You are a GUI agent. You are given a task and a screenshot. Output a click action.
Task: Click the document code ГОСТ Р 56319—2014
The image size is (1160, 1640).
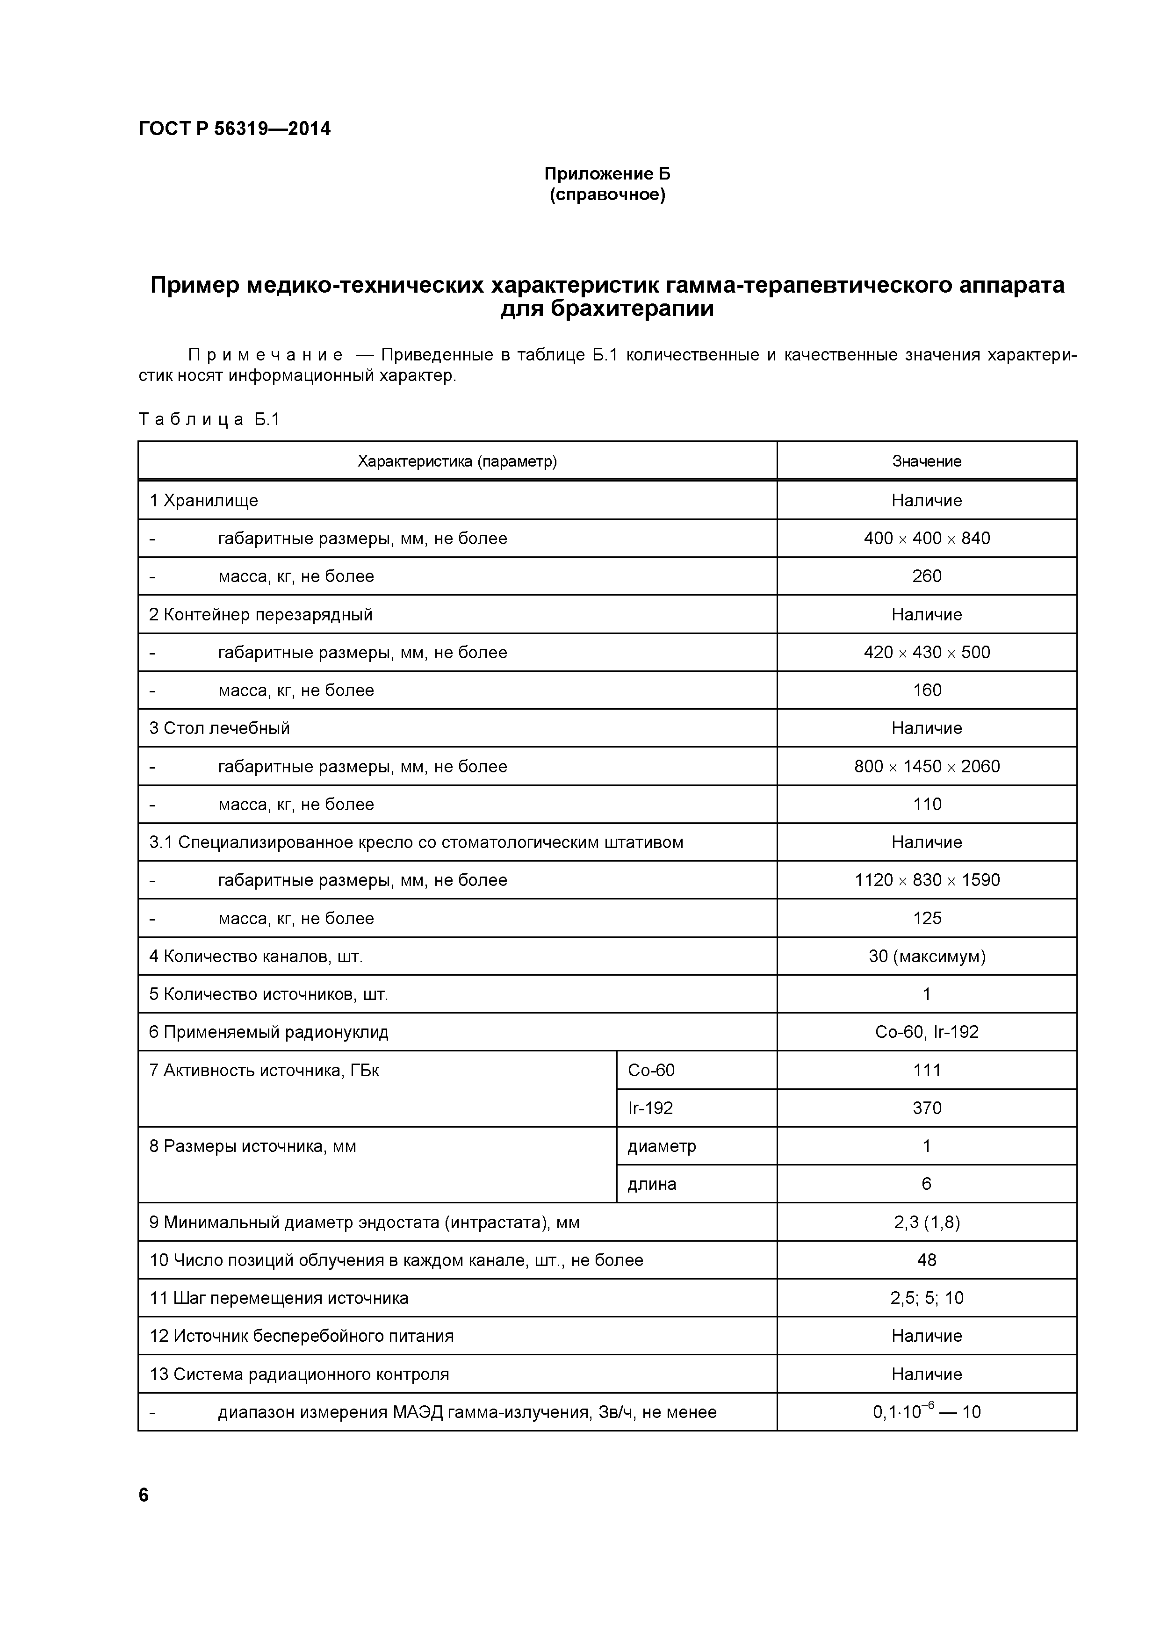tap(234, 129)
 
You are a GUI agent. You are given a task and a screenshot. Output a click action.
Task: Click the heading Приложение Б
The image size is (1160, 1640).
tap(607, 173)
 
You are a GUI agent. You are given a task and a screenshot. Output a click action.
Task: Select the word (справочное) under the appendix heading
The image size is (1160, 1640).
tap(607, 194)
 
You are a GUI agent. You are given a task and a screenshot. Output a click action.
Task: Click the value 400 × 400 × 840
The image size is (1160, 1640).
tap(926, 539)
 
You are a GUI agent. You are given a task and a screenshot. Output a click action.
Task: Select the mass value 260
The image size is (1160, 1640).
tap(926, 576)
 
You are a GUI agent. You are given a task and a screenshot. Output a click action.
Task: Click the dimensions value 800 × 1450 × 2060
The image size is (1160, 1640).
tap(926, 766)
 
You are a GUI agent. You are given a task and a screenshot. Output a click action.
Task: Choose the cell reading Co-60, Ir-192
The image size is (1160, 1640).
tap(926, 1032)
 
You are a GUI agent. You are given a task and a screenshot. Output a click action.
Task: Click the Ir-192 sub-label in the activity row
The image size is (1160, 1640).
tap(650, 1108)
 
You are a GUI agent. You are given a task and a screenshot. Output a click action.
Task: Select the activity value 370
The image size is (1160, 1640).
tap(926, 1108)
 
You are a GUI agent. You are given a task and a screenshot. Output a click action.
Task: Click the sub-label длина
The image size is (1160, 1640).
tap(651, 1184)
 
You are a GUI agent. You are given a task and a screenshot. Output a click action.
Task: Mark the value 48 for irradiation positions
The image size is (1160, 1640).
tap(926, 1260)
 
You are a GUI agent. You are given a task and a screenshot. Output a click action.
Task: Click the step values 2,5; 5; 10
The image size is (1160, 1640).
tap(926, 1298)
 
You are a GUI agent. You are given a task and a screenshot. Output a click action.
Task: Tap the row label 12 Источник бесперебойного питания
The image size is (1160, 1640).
tap(302, 1336)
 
